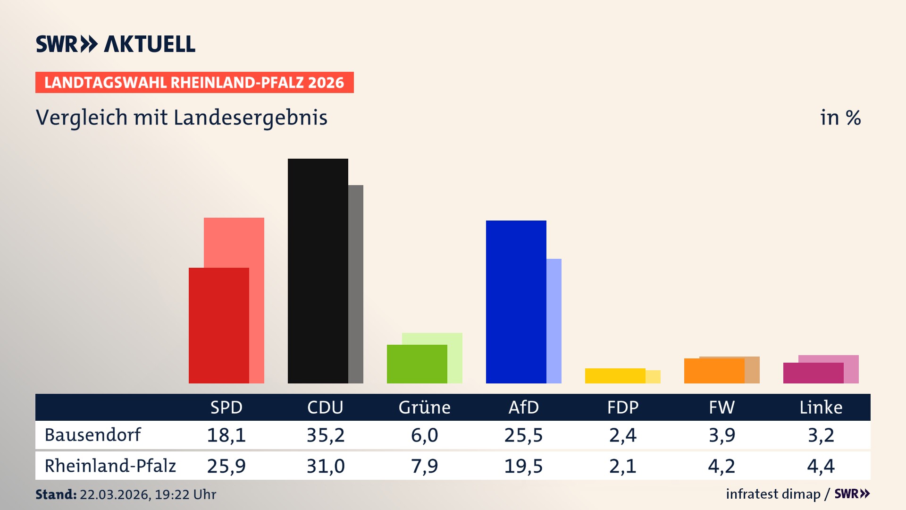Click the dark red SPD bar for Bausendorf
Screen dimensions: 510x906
point(218,326)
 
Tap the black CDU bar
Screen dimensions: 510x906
point(318,272)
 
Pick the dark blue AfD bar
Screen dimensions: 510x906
point(516,302)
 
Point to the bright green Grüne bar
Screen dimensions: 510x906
point(417,364)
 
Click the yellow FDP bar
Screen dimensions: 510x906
point(615,376)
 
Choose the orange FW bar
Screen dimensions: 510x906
point(714,371)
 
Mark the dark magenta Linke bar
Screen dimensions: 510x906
point(813,373)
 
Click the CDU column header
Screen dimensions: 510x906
point(325,408)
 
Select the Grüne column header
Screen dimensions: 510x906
point(424,408)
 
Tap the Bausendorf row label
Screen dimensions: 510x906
point(92,435)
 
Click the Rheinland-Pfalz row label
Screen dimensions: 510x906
point(110,466)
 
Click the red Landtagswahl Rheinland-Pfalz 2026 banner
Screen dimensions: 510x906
point(194,83)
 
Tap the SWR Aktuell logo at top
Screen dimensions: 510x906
point(116,44)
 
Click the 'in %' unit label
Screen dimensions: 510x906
point(840,118)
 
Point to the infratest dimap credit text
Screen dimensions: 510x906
point(773,494)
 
